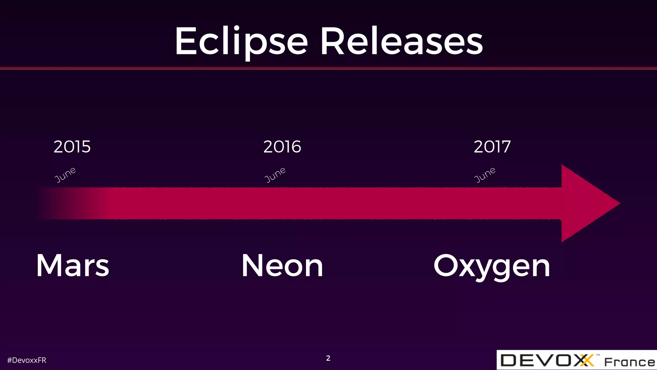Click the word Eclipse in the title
(241, 42)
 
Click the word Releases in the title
(401, 42)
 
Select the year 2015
(72, 147)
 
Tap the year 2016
(282, 147)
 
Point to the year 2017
(492, 147)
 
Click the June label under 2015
(65, 175)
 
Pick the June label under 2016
(275, 175)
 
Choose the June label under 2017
(485, 175)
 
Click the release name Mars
(73, 266)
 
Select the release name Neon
(282, 266)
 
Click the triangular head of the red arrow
(587, 203)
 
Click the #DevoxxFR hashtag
(27, 360)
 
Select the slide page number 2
(328, 358)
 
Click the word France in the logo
(629, 362)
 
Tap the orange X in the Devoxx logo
(587, 360)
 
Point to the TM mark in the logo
(598, 355)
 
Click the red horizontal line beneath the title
(328, 68)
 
